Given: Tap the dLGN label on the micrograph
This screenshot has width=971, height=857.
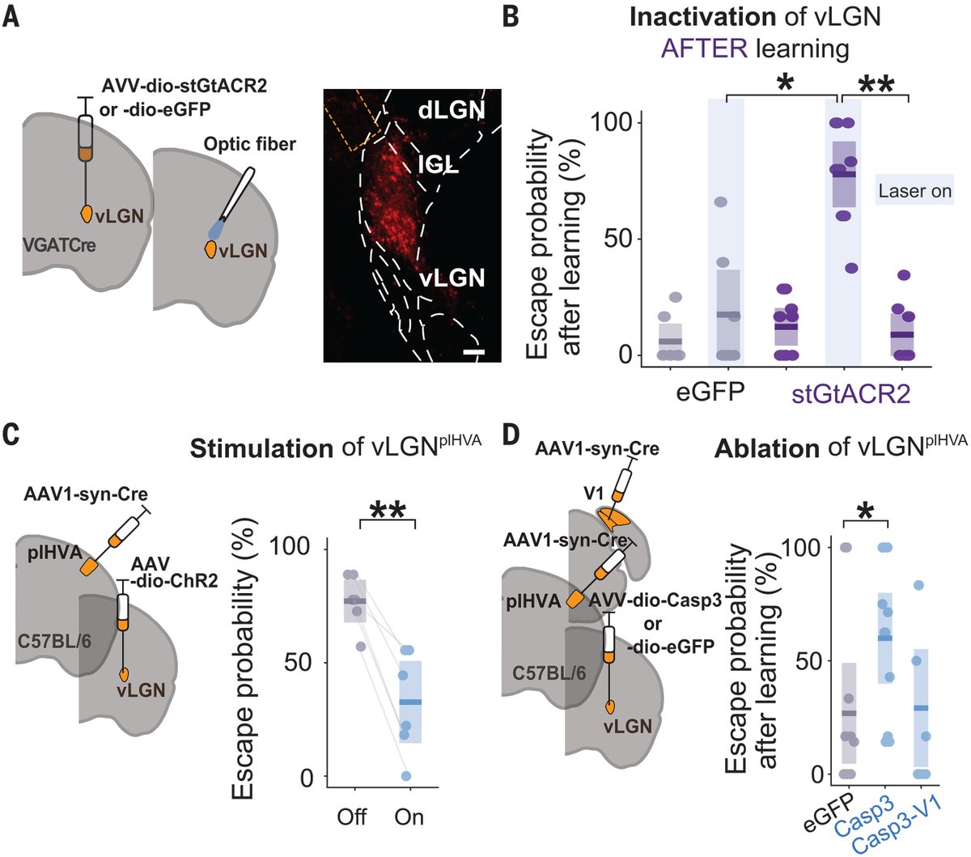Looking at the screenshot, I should coord(452,110).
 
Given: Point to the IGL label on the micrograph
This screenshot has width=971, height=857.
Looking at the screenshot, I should coord(438,164).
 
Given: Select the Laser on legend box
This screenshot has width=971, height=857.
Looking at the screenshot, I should coord(914,192).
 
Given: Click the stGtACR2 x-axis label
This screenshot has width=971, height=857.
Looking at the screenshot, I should coord(850,393).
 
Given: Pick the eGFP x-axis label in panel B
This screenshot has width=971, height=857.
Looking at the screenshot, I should coord(711,393).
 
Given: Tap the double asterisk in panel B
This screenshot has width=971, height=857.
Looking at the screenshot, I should coord(876,84).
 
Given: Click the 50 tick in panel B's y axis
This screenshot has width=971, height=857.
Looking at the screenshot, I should coord(622,239).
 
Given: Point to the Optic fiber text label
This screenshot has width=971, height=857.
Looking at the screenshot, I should coord(249,144).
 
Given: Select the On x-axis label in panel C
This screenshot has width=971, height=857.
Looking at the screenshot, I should coord(409,817).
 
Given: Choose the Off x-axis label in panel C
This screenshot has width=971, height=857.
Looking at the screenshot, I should coord(352,817).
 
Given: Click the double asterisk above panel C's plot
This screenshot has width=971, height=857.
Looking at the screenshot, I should coord(387,511).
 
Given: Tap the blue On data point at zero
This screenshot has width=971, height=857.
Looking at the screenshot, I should coord(406,776).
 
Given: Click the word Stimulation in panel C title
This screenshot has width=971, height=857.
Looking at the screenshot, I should coord(261,448).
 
